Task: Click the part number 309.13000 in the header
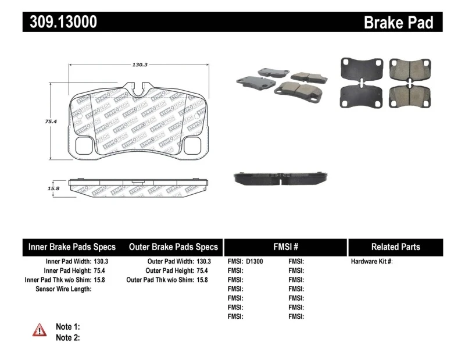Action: point(60,22)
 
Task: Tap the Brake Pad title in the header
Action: point(398,23)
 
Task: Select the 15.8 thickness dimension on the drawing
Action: point(53,188)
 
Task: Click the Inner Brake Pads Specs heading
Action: point(72,247)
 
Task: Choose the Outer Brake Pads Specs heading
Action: point(173,247)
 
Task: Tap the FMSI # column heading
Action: point(285,247)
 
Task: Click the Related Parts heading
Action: point(395,247)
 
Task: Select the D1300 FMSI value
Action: point(255,262)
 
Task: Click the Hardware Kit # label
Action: point(371,262)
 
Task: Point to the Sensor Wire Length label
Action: point(63,289)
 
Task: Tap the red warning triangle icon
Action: point(40,330)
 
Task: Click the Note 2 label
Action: point(67,337)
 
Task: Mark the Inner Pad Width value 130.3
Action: point(101,262)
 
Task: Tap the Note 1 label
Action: point(67,327)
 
